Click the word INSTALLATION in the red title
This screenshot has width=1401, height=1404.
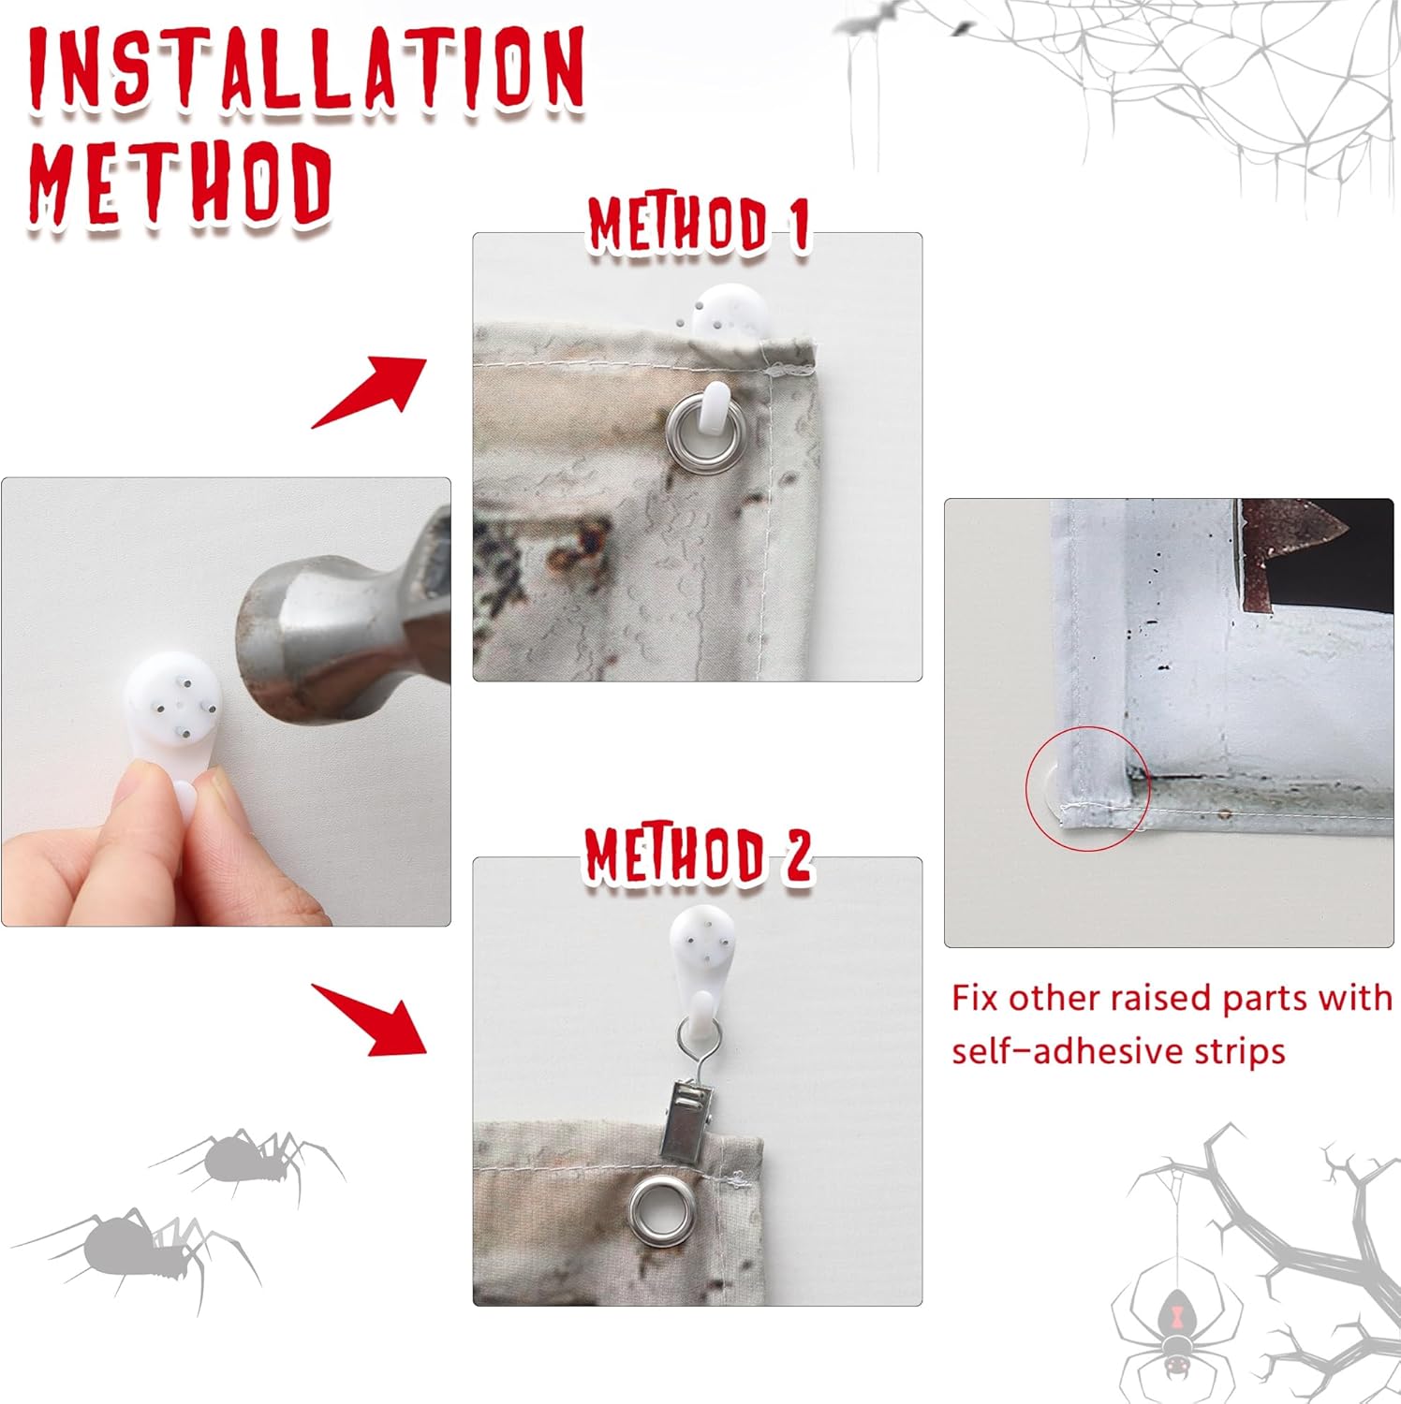[306, 67]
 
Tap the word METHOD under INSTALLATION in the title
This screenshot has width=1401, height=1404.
[180, 184]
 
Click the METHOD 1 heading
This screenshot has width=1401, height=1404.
[698, 226]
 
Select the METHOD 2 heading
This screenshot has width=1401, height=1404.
[698, 856]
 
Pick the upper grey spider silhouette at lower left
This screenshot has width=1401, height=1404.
[248, 1161]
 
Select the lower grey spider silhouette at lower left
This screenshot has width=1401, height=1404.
[140, 1254]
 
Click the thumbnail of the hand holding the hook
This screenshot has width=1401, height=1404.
[226, 702]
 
